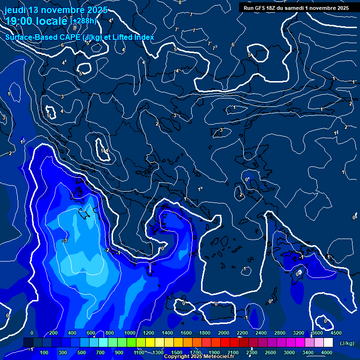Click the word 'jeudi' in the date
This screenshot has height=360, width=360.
click(16, 10)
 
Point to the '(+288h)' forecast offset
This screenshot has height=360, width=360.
click(83, 21)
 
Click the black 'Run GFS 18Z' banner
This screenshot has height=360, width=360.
click(296, 7)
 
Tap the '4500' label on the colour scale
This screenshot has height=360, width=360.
click(336, 333)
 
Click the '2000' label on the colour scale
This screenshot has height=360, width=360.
click(223, 333)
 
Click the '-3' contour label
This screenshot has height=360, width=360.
click(65, 240)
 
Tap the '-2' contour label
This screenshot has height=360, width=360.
click(107, 250)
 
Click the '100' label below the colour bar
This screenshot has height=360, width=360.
click(45, 352)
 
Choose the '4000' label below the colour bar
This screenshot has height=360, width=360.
click(327, 352)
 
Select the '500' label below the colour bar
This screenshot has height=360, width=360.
click(82, 352)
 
